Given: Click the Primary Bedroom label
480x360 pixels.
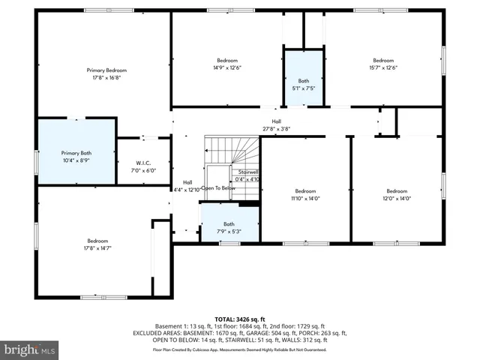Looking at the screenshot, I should click(x=106, y=69).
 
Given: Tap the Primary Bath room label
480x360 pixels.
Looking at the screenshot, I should click(x=76, y=152).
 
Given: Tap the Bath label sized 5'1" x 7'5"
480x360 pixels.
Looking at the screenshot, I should click(x=304, y=80).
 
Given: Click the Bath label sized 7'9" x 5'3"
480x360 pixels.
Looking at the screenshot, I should click(x=229, y=223).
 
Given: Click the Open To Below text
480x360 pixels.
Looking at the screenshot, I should click(x=217, y=187).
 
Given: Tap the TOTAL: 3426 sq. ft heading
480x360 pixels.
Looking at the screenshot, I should click(x=240, y=319).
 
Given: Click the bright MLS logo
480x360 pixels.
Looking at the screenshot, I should click(x=30, y=349).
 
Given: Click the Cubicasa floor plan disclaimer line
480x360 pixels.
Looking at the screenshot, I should click(x=239, y=349).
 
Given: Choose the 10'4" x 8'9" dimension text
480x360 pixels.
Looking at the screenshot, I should click(x=76, y=160).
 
